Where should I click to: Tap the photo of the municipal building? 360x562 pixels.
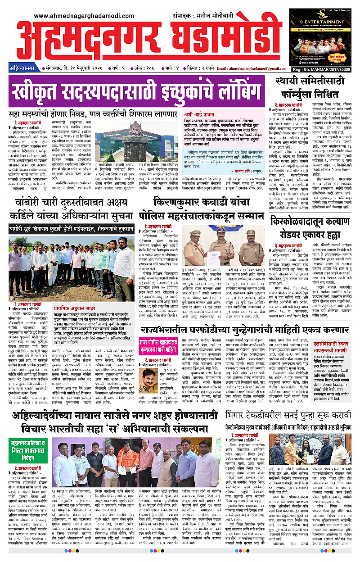click(128, 139)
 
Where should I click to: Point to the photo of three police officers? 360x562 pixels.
click(225, 247)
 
